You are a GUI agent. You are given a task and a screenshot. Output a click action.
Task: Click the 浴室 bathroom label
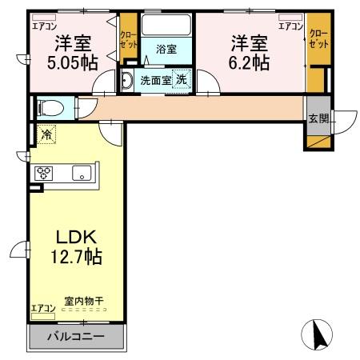coord(166,49)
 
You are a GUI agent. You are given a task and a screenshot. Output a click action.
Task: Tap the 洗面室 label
coord(155,80)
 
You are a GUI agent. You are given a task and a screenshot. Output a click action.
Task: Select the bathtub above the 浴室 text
coord(166,26)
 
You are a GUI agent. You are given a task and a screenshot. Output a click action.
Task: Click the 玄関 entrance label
coord(318,119)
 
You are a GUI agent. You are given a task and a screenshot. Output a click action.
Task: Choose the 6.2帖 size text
coord(251,62)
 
